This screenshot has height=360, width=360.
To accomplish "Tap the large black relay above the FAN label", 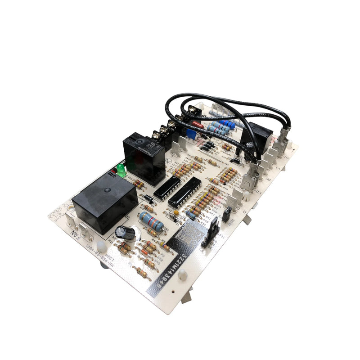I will click(x=105, y=201).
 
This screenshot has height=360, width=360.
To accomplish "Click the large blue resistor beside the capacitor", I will click(x=151, y=221).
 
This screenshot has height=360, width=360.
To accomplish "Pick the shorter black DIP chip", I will click(x=166, y=187).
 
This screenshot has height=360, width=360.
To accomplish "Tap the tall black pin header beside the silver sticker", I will click(x=211, y=234).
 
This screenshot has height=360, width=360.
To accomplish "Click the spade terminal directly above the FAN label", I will click(x=72, y=220).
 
